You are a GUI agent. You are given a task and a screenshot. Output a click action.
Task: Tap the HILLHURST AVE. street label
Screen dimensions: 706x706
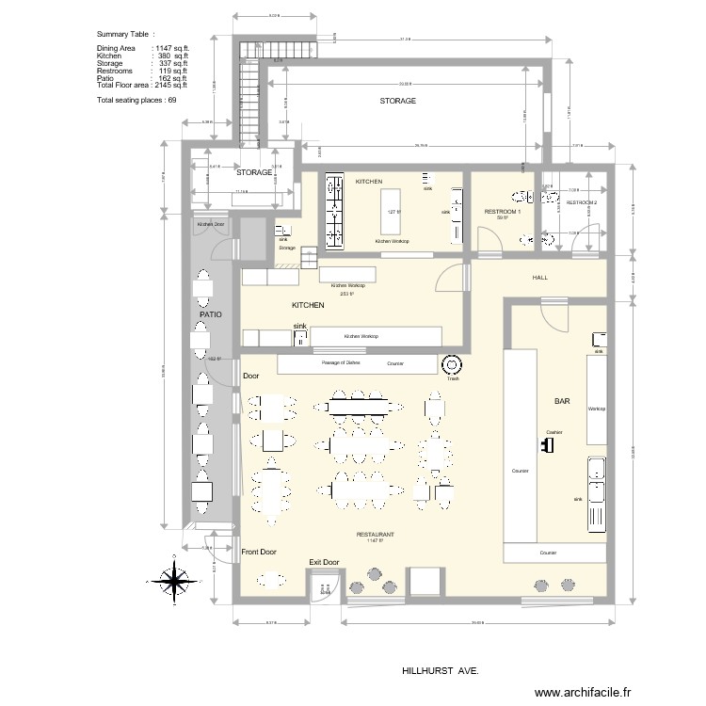coord(440,672)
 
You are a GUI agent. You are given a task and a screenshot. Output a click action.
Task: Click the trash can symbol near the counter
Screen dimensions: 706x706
coord(451,364)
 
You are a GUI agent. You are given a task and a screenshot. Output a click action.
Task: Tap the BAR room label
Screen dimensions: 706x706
coord(562,402)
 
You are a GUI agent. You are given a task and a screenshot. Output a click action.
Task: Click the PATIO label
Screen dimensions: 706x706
coord(209,314)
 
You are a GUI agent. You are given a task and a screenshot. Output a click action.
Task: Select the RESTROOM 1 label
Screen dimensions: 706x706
coord(501,213)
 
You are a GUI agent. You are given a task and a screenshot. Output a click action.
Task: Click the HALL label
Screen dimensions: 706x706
coord(540,279)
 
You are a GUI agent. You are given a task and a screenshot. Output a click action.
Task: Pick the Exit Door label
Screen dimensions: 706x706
coord(324,562)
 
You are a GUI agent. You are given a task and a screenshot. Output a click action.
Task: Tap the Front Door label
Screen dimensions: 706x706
coord(259,552)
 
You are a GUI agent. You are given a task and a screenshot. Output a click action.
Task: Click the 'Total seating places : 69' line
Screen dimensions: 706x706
coord(137,99)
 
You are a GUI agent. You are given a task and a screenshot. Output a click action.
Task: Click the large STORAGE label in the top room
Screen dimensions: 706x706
coord(397,101)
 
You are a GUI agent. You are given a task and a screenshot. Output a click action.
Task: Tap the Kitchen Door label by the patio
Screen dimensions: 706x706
coord(210,224)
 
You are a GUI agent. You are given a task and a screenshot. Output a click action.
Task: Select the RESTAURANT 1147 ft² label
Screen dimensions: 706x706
coord(375,537)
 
